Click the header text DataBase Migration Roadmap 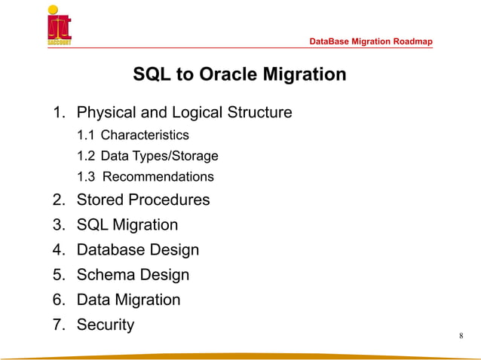tap(372, 41)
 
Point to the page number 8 tap(461, 335)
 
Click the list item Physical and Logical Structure tap(184, 114)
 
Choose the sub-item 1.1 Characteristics tap(133, 136)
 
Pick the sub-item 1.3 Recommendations tap(146, 178)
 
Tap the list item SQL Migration tap(127, 225)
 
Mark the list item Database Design tap(137, 250)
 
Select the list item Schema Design tap(133, 275)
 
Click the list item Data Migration tap(128, 300)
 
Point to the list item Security tap(105, 325)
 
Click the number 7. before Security tap(59, 325)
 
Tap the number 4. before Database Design tap(59, 250)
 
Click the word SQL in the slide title tap(150, 75)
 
